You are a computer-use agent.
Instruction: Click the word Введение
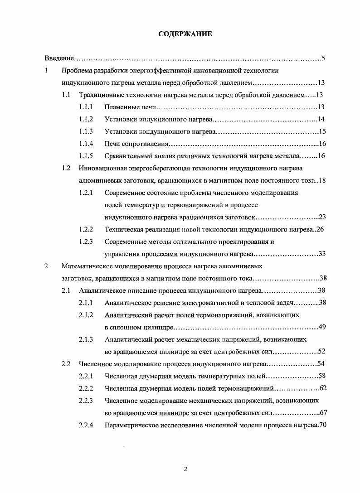(59, 58)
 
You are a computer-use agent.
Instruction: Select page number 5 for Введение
(323, 58)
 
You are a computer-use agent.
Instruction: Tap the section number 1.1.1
(86, 107)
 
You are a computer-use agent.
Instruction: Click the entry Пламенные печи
(130, 107)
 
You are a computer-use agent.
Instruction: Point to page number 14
(321, 120)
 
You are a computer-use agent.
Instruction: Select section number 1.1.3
(86, 132)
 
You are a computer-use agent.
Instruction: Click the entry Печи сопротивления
(136, 144)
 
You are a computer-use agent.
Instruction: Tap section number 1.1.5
(86, 156)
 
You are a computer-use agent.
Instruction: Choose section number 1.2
(66, 169)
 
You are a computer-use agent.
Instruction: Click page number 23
(321, 217)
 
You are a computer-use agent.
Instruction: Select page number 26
(320, 229)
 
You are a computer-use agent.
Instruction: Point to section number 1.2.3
(86, 242)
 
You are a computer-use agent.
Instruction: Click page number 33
(321, 254)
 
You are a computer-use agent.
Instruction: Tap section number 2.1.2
(86, 315)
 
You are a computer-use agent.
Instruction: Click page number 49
(321, 327)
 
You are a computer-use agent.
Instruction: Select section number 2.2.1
(86, 376)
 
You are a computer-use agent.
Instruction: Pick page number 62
(323, 388)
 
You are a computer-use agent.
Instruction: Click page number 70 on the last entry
(322, 425)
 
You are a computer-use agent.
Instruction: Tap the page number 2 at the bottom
(185, 469)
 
